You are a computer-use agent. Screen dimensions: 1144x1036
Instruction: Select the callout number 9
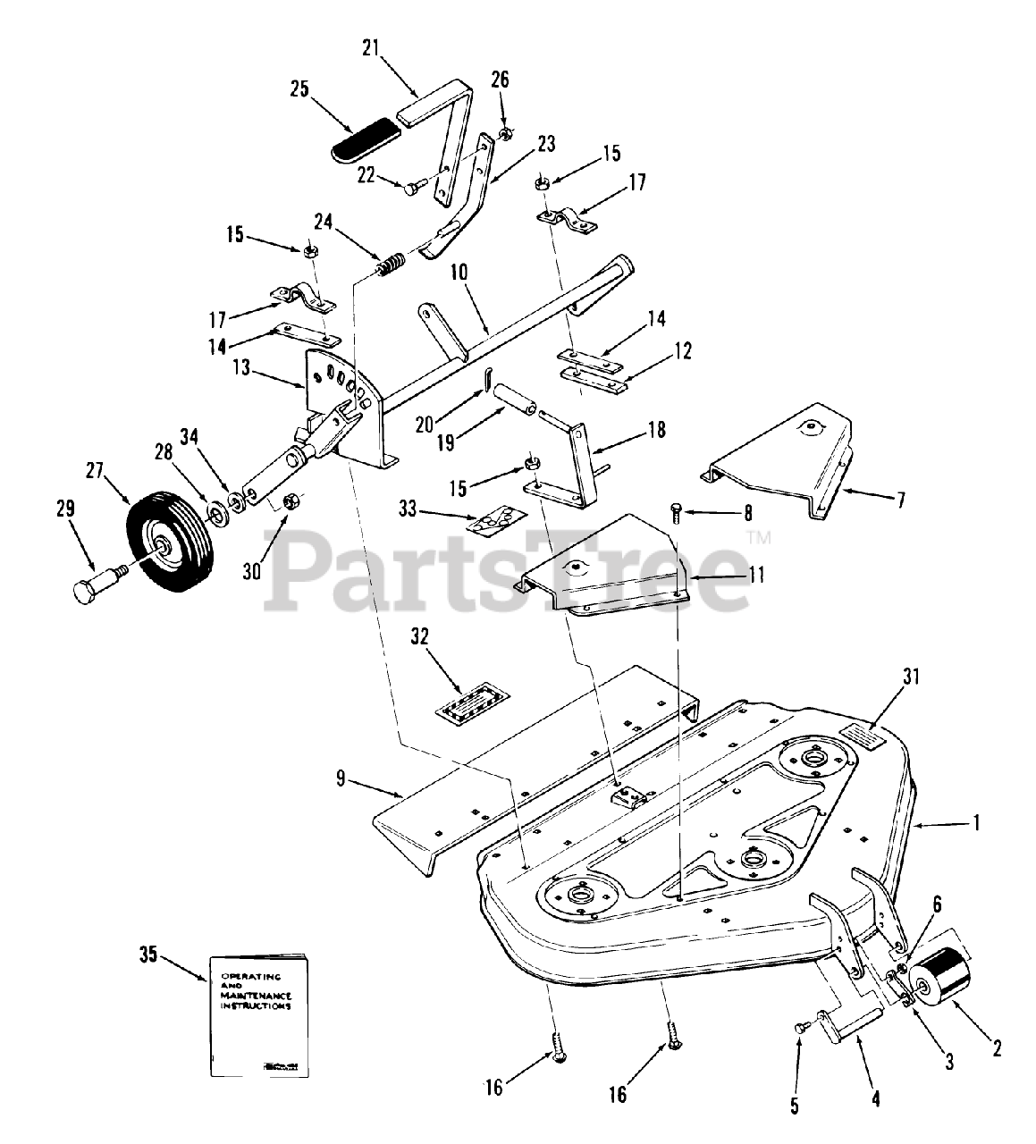(x=340, y=778)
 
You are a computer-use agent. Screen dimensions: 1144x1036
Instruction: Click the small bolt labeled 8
(x=677, y=513)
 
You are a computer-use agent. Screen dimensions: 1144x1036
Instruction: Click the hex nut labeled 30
(x=291, y=502)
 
